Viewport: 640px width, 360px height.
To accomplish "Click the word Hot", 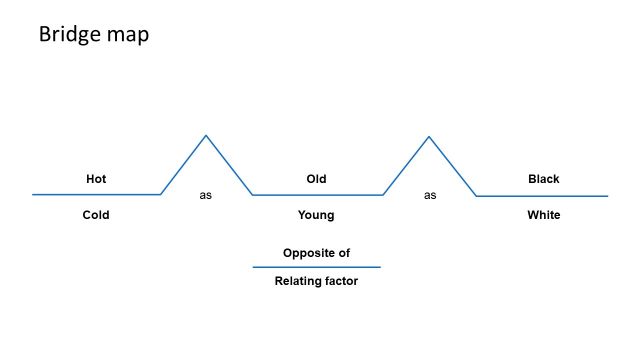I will click(x=96, y=179).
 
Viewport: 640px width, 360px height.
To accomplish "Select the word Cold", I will click(x=96, y=215).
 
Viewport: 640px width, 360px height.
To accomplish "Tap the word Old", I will click(x=316, y=179).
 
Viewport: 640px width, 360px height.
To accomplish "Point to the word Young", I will click(x=316, y=215).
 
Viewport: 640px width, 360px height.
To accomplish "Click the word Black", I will click(x=544, y=179).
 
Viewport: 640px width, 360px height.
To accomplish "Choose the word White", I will click(x=544, y=215).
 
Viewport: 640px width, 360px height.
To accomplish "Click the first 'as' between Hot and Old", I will click(x=206, y=195).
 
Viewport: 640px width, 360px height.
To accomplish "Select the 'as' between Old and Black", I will click(x=430, y=195).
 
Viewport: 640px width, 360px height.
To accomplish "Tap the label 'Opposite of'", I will click(x=316, y=253).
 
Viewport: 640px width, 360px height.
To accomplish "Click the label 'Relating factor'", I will click(x=316, y=281).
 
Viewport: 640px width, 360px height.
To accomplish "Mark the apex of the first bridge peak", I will click(x=206, y=135).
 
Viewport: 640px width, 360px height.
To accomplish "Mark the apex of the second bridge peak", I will click(x=429, y=136).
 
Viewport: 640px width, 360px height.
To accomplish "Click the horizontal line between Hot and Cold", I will click(x=96, y=194).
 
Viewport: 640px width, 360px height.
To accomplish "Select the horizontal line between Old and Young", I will click(x=316, y=195).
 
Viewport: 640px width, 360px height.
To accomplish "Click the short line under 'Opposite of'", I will click(x=316, y=267).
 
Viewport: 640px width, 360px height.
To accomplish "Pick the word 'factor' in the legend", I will click(x=339, y=281).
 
